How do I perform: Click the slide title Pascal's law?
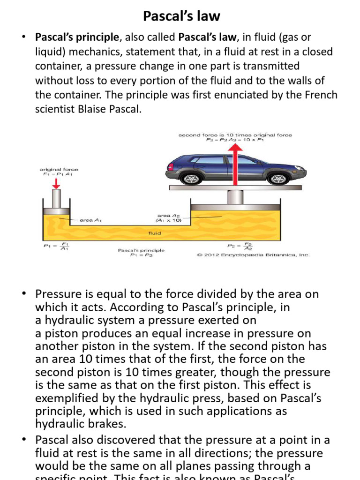click(181, 16)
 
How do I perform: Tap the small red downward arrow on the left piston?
click(56, 183)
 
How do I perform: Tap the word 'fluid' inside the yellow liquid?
click(155, 233)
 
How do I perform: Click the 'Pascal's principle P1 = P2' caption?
click(141, 253)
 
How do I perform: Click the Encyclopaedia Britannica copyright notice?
click(253, 255)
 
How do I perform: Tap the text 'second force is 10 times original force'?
click(235, 135)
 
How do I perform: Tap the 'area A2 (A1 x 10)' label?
click(169, 218)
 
